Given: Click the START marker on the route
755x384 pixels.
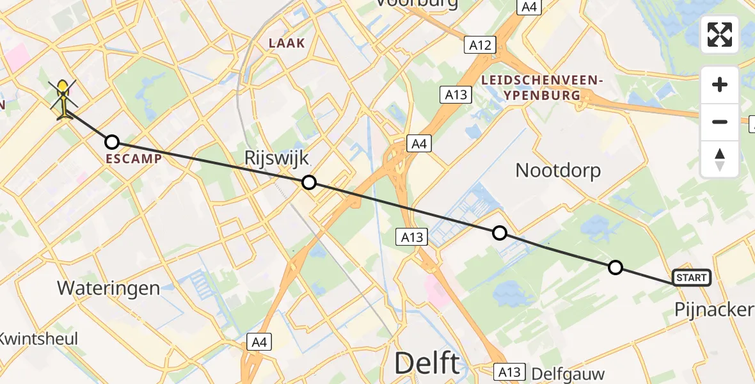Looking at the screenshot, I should click(x=692, y=278).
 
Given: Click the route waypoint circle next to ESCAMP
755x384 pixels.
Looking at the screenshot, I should click(x=112, y=142).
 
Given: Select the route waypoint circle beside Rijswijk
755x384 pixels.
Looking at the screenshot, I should click(x=309, y=182).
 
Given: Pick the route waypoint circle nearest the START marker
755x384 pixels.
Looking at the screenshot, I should click(x=615, y=268).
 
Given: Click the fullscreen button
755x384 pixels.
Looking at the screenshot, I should click(x=720, y=35).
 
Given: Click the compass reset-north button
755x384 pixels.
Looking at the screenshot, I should click(x=720, y=159).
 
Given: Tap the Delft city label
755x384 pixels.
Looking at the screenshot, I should click(x=427, y=364).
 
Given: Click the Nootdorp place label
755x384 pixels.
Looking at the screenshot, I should click(x=558, y=170).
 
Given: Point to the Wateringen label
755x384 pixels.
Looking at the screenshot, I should click(x=109, y=288).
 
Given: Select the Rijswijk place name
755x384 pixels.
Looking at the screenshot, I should click(x=276, y=159).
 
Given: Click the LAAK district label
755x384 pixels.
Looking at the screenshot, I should click(x=287, y=43).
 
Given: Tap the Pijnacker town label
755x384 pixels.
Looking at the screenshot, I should click(x=714, y=310).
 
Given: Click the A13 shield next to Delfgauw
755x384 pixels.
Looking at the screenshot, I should click(x=510, y=372).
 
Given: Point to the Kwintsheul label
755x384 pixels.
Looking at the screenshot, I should click(x=38, y=338).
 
